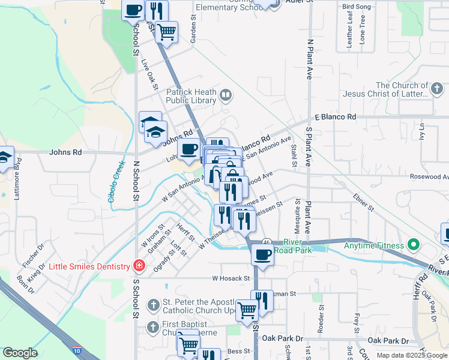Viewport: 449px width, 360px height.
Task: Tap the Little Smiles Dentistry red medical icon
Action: pyautogui.click(x=140, y=266)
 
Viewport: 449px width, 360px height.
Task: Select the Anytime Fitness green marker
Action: pyautogui.click(x=412, y=245)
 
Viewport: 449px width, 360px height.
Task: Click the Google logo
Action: pyautogui.click(x=20, y=353)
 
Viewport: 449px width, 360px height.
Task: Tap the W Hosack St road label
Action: pyautogui.click(x=231, y=278)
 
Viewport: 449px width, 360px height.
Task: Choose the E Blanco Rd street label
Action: pyautogui.click(x=335, y=117)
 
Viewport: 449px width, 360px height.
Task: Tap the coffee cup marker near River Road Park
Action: pyautogui.click(x=262, y=254)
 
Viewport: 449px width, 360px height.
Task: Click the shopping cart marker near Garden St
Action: pyautogui.click(x=167, y=31)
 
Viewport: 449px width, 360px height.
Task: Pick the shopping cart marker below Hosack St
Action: pyautogui.click(x=247, y=310)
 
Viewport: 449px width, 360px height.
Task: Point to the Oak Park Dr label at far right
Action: pyautogui.click(x=388, y=340)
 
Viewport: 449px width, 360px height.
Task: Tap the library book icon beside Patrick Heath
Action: pyautogui.click(x=226, y=94)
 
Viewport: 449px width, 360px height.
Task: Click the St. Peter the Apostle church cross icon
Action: pyautogui.click(x=154, y=305)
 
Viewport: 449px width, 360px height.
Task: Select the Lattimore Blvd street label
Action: pyautogui.click(x=17, y=180)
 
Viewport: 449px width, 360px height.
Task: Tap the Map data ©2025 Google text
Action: pyautogui.click(x=411, y=355)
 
